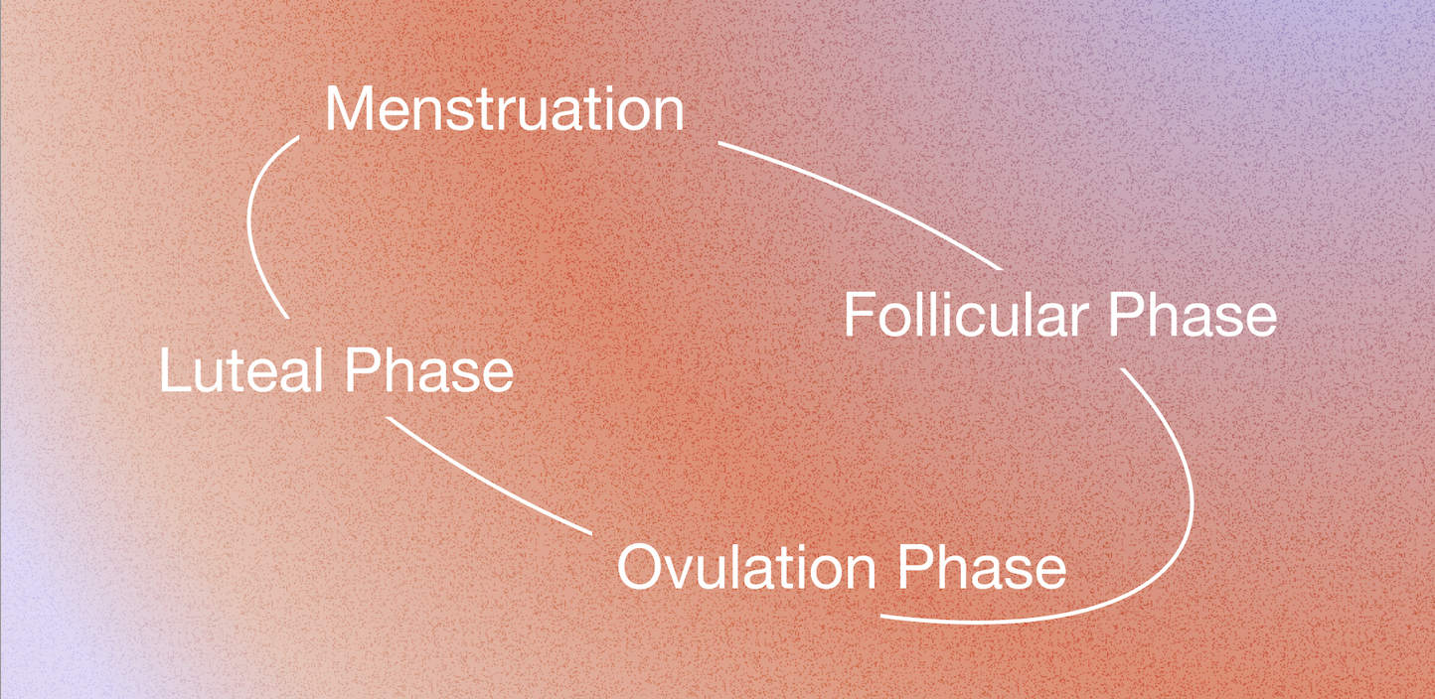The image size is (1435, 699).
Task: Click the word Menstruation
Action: (x=504, y=110)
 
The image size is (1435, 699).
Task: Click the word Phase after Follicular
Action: (x=1193, y=316)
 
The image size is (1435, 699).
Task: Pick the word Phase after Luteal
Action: (x=428, y=372)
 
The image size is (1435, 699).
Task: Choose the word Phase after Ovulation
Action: (x=982, y=568)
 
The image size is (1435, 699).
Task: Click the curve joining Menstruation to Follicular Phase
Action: (x=865, y=199)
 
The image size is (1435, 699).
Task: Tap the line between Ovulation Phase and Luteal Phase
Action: (x=487, y=479)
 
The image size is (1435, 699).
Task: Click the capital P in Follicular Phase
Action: (x=1124, y=316)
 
